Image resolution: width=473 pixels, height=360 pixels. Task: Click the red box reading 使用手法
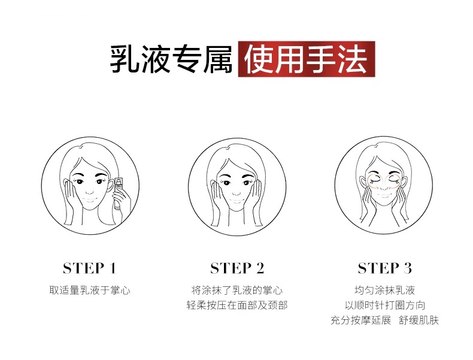(x=307, y=59)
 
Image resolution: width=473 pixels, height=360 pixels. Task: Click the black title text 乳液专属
(x=171, y=59)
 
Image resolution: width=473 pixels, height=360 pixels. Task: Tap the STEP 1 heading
(x=90, y=268)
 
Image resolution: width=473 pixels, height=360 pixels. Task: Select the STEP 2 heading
(x=237, y=268)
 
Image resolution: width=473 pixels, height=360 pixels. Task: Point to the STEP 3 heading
(x=384, y=268)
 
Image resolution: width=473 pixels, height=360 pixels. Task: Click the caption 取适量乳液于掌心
(x=90, y=291)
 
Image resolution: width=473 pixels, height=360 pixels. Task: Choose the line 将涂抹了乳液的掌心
(x=237, y=291)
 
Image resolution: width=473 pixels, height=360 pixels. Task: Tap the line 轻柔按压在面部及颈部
(x=237, y=305)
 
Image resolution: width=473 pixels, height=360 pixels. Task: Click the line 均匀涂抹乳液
(x=384, y=291)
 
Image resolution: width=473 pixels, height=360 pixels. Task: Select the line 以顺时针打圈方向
(x=385, y=305)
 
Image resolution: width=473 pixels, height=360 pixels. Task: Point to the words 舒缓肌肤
(x=419, y=320)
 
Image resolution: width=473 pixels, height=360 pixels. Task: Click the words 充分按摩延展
(x=361, y=320)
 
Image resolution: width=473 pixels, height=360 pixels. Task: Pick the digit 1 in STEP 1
(x=113, y=268)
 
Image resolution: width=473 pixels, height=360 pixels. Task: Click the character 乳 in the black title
(x=125, y=59)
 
